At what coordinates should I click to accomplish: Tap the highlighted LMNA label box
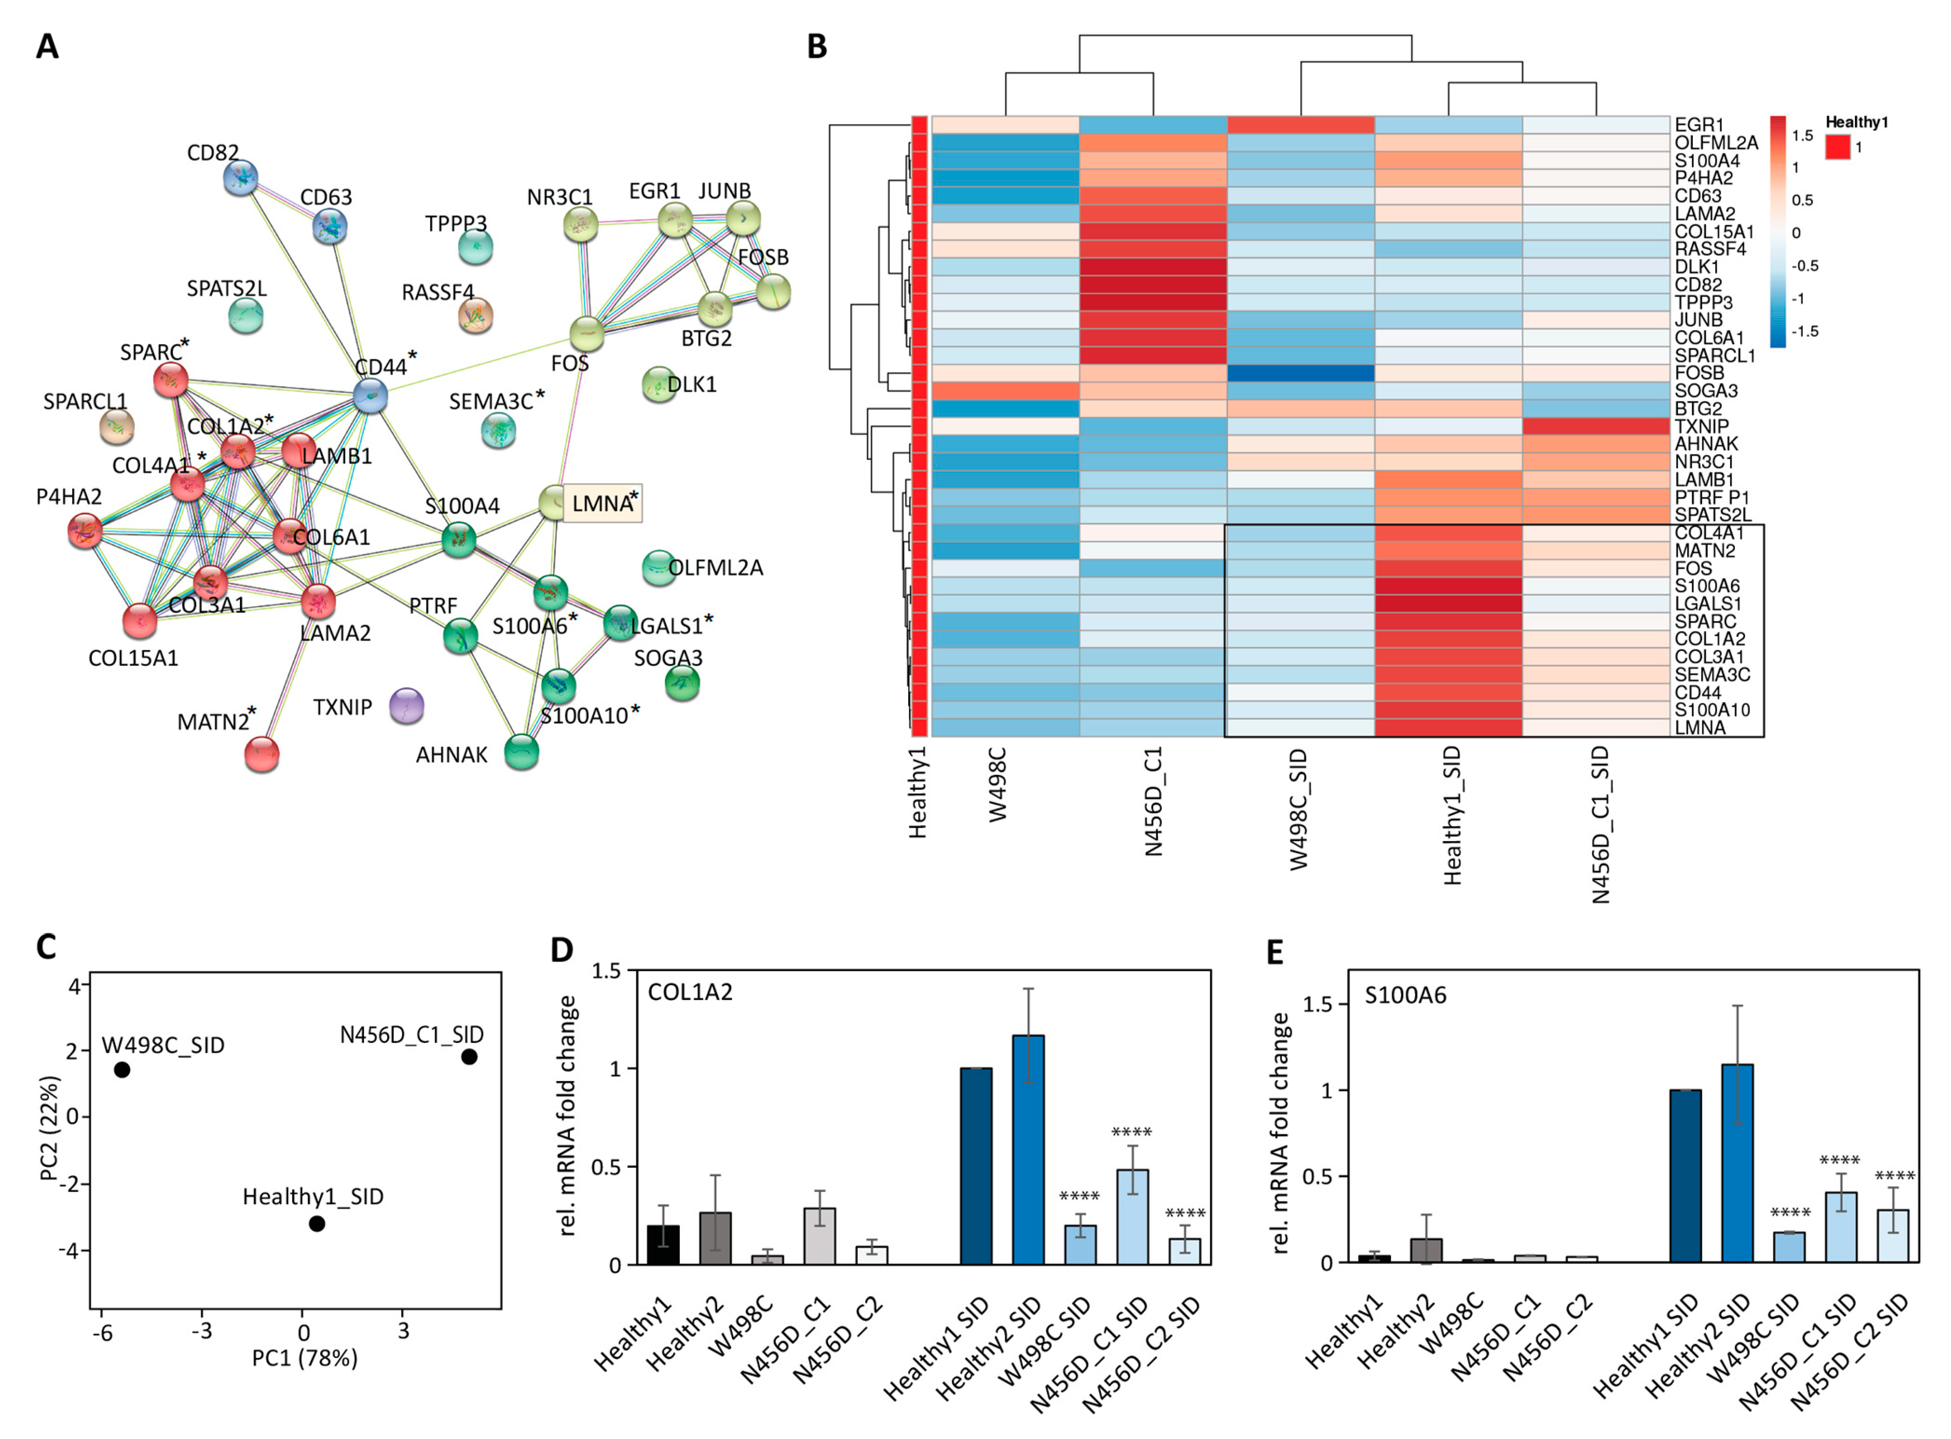tap(602, 503)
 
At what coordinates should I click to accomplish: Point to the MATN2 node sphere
tap(261, 754)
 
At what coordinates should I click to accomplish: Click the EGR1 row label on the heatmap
tap(1698, 124)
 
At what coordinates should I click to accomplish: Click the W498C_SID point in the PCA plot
tap(122, 1069)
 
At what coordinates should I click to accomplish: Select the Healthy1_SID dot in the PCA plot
tap(317, 1224)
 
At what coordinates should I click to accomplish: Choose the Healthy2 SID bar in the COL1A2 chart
tap(1028, 1150)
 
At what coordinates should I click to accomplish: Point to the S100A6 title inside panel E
tap(1405, 995)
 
